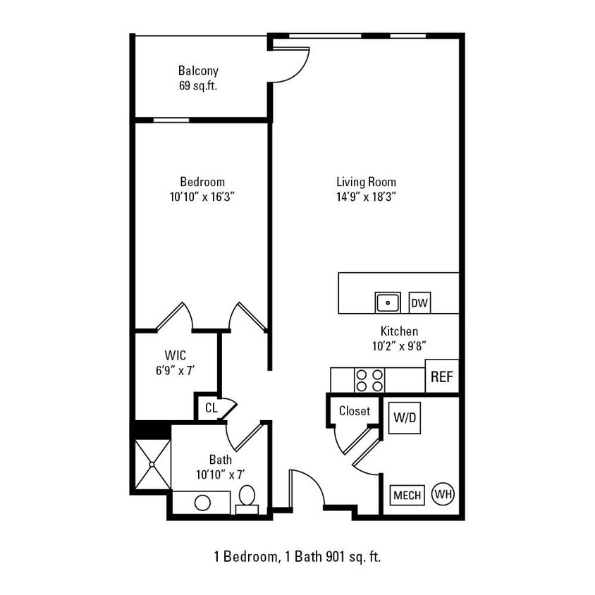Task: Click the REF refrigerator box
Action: [x=442, y=376]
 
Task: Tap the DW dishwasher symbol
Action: [x=419, y=303]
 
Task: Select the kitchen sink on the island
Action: [x=387, y=303]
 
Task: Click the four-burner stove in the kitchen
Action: [x=369, y=380]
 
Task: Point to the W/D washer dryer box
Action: [x=405, y=418]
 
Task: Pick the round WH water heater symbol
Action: [x=443, y=493]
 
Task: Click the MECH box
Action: [x=407, y=495]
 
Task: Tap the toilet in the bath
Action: [x=247, y=498]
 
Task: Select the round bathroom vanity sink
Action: [x=202, y=503]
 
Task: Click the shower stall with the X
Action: [x=152, y=465]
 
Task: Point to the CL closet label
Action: [x=211, y=407]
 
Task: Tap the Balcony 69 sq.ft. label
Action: [x=198, y=78]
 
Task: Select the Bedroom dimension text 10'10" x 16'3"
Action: [x=202, y=197]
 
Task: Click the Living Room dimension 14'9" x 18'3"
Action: [x=366, y=197]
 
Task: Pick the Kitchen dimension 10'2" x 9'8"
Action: [x=399, y=346]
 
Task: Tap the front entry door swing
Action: [x=307, y=486]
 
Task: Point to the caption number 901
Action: [x=336, y=557]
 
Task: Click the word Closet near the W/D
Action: [x=354, y=411]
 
